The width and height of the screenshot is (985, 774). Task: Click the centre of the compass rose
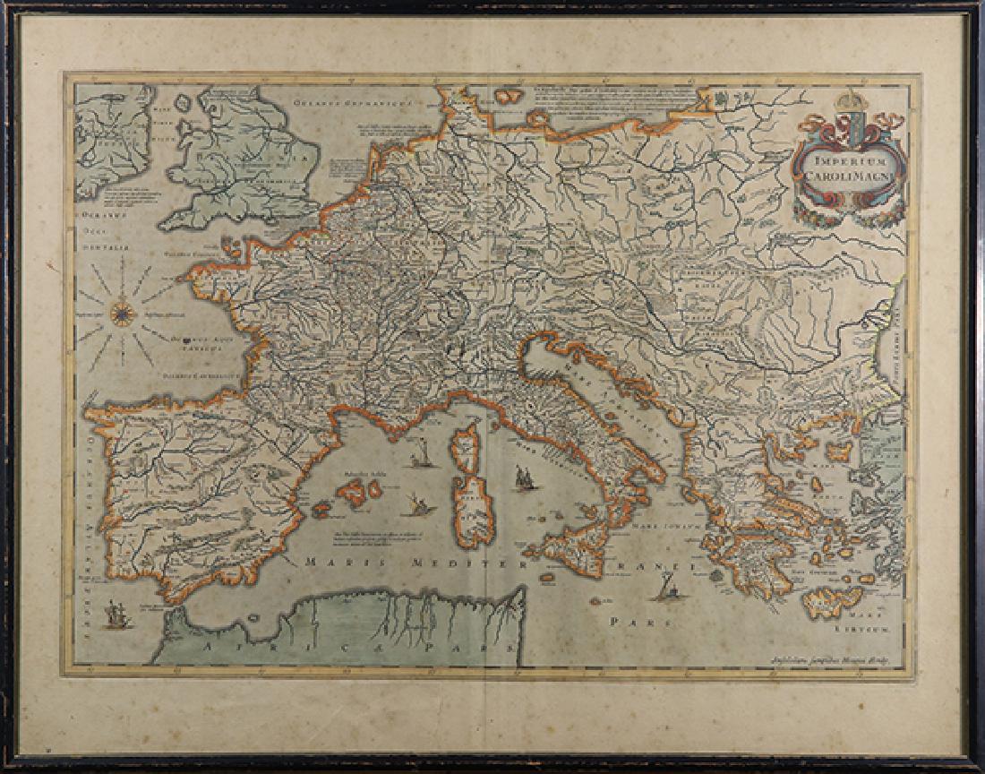(x=123, y=313)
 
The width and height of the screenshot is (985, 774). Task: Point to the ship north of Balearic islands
(x=416, y=460)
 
